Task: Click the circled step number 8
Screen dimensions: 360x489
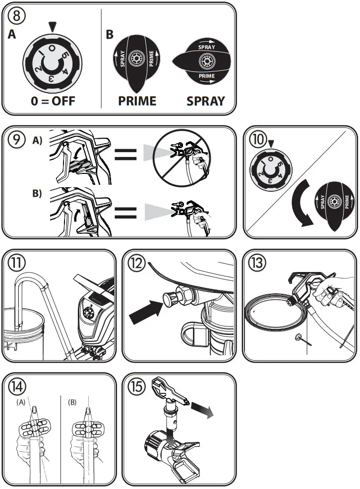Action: (16, 15)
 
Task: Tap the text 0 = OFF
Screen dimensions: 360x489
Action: (53, 101)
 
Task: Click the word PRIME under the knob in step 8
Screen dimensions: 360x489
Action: (137, 101)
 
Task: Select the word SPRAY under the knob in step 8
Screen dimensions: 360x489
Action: (206, 101)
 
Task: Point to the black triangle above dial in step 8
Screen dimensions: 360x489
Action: (53, 27)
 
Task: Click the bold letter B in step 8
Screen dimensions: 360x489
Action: (110, 34)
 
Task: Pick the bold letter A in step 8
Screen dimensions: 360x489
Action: (11, 34)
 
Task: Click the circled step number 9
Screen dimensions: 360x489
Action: (16, 139)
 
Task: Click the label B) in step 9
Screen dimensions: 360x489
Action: (37, 193)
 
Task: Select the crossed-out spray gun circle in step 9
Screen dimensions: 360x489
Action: (181, 158)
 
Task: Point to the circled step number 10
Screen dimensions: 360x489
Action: (257, 139)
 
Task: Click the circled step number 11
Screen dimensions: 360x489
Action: (16, 263)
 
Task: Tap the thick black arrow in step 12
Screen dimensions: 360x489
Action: (146, 312)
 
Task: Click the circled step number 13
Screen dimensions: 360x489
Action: (257, 263)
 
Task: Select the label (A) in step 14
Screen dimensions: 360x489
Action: (21, 402)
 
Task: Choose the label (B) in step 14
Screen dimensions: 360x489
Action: (72, 402)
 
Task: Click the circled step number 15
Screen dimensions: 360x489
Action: (137, 386)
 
